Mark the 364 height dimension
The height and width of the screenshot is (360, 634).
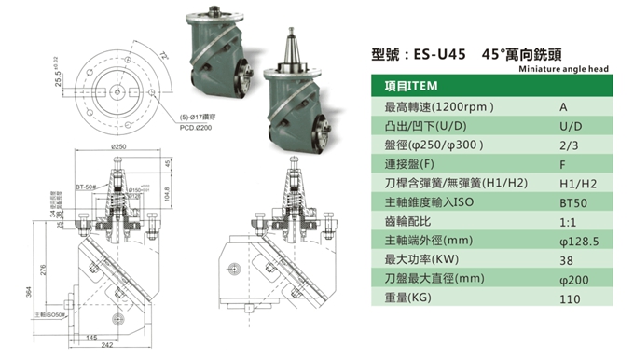29,297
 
